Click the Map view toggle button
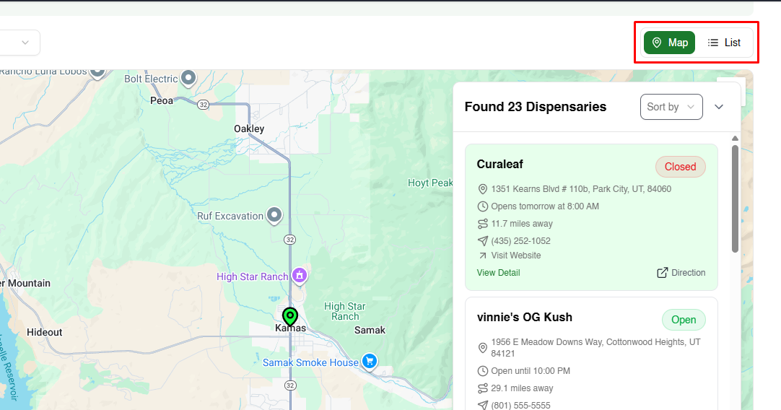click(669, 43)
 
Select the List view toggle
click(724, 43)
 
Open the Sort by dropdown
click(671, 107)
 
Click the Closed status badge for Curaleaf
click(680, 167)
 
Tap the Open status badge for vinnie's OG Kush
click(683, 320)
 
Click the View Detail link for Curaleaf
click(498, 273)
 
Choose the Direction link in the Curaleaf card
click(681, 273)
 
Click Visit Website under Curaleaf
click(515, 256)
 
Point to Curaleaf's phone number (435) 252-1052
click(520, 241)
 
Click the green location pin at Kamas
click(290, 316)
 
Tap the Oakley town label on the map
click(249, 128)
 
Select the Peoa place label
click(162, 100)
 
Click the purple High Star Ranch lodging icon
click(300, 275)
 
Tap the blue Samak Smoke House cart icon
click(370, 361)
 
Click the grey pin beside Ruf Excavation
click(274, 214)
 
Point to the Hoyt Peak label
click(429, 183)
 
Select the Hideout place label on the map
click(45, 332)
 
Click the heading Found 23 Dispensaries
click(535, 107)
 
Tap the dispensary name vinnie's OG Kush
click(524, 317)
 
